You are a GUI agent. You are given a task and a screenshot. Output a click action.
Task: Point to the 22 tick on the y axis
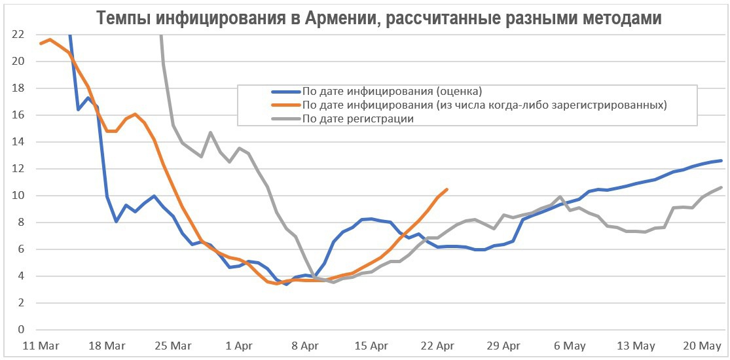[x=18, y=35]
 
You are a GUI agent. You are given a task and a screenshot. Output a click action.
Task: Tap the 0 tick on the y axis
[x=21, y=330]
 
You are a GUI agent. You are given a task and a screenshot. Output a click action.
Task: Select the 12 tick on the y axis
[x=18, y=169]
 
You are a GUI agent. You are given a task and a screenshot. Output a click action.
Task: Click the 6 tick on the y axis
[x=21, y=249]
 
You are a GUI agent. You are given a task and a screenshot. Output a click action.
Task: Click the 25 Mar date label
[x=173, y=346]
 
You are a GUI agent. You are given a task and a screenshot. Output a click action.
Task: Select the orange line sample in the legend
[x=285, y=105]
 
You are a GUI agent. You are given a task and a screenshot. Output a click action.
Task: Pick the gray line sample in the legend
[x=285, y=119]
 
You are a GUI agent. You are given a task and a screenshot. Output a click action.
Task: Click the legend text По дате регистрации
[x=358, y=119]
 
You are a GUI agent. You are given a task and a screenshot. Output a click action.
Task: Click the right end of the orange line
[x=447, y=190]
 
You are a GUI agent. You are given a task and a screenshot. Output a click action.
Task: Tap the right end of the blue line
[x=721, y=160]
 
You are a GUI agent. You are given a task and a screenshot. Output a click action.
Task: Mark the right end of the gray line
[x=721, y=187]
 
